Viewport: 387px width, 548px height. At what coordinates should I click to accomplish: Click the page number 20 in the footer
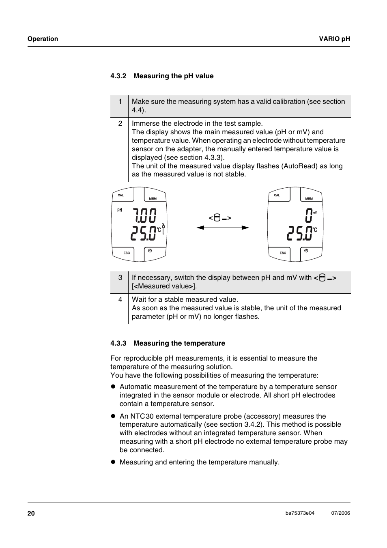pos(31,513)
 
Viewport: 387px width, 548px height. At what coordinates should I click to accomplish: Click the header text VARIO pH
pos(334,39)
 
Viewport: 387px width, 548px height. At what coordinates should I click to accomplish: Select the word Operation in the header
pos(43,39)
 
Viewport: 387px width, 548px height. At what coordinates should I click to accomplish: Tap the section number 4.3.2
pos(118,76)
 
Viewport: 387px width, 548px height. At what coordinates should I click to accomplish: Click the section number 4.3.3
pos(118,343)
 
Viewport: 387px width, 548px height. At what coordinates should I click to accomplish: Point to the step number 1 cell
pos(120,101)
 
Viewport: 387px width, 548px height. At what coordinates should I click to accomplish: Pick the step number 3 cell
pos(120,277)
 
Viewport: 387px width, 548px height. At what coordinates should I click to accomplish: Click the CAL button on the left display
pos(121,195)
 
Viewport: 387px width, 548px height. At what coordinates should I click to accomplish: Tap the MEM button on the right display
pos(309,198)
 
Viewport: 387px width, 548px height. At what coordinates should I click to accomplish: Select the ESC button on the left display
pos(127,253)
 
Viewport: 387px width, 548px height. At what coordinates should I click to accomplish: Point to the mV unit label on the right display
pos(314,213)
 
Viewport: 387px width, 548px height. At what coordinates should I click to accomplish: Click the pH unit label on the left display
pos(120,210)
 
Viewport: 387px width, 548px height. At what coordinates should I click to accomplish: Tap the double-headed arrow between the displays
pos(223,228)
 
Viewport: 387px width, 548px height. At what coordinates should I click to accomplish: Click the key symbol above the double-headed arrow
pos(220,218)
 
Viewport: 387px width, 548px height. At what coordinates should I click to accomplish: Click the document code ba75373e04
pos(300,513)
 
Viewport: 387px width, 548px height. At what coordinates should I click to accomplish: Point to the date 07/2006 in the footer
pos(340,513)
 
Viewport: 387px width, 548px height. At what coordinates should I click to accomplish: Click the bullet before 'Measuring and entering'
pos(114,462)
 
